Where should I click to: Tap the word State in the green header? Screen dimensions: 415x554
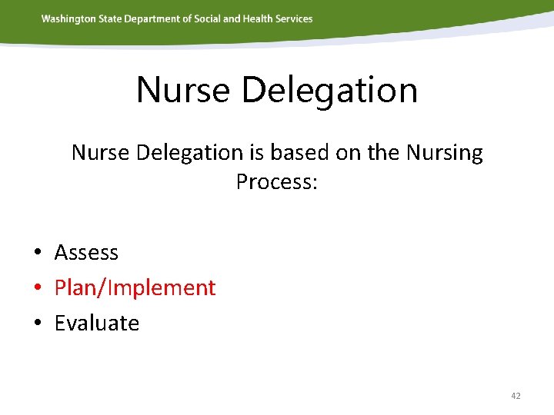pyautogui.click(x=113, y=18)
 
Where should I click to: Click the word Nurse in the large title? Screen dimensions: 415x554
pyautogui.click(x=183, y=90)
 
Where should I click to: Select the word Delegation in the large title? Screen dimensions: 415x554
pyautogui.click(x=329, y=90)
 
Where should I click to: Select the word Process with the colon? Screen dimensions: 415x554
pyautogui.click(x=276, y=182)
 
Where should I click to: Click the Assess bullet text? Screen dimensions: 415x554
pyautogui.click(x=86, y=252)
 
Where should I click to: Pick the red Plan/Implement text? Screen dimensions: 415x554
pyautogui.click(x=135, y=288)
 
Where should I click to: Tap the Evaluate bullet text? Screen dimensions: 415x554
pyautogui.click(x=96, y=323)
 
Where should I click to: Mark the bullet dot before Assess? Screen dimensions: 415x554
pyautogui.click(x=37, y=253)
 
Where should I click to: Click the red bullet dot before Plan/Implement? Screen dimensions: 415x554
pyautogui.click(x=37, y=288)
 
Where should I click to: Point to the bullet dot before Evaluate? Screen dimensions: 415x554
pyautogui.click(x=37, y=324)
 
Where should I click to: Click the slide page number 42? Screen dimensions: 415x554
pyautogui.click(x=516, y=396)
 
